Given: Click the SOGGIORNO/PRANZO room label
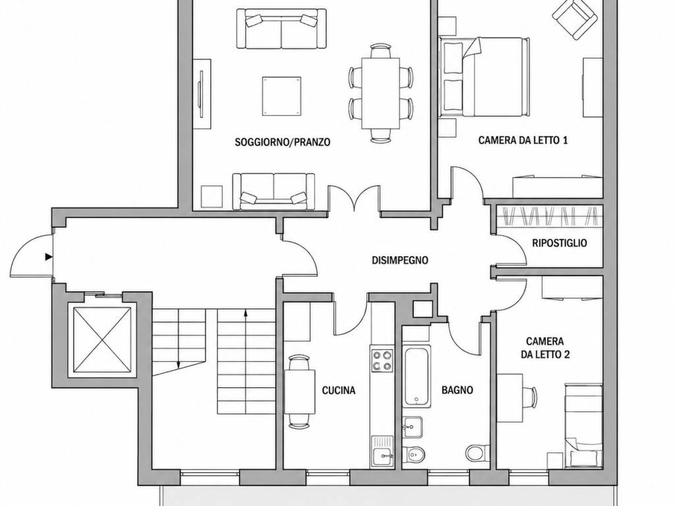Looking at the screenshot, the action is (x=282, y=142).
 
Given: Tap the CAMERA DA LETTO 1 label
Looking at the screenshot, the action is (x=523, y=140).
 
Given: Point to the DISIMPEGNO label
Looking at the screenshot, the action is (x=400, y=260).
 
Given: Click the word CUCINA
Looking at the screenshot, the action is (x=339, y=390).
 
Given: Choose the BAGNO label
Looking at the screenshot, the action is (x=457, y=390).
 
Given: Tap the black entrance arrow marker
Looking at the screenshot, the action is (x=49, y=257).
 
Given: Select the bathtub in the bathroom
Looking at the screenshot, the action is (x=417, y=376).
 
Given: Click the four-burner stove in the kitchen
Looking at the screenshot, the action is (x=382, y=360).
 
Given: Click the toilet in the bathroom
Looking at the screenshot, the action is (x=477, y=453).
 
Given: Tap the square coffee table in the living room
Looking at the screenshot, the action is (x=281, y=96).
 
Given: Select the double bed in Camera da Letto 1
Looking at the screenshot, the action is (x=483, y=76).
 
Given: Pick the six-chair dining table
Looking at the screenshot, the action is (x=381, y=92).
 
